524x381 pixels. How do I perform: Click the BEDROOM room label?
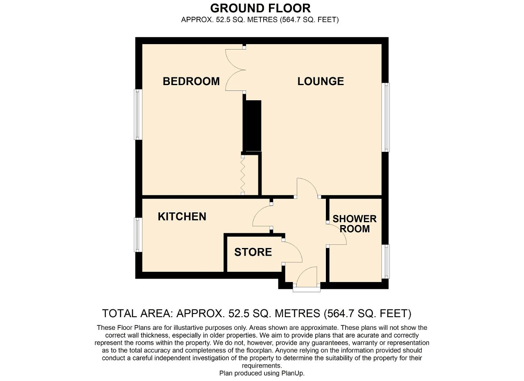[191, 81]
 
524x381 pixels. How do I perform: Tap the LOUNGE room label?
[321, 81]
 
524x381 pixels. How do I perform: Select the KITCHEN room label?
[182, 216]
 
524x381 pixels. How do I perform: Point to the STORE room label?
[253, 252]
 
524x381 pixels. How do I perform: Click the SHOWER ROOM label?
[355, 224]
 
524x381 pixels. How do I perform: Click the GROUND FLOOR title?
[260, 8]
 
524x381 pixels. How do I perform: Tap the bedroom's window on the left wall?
[138, 115]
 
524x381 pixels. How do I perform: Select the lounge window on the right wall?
[386, 117]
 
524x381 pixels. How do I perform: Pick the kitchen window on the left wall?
[138, 234]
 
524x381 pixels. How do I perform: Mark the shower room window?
[386, 262]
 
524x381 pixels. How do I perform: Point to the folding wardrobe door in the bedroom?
[243, 175]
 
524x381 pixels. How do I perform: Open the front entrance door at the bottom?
[307, 278]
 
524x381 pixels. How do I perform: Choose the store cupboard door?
[292, 252]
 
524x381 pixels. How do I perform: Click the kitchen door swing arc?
[261, 216]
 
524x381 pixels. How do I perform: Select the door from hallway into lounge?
[307, 188]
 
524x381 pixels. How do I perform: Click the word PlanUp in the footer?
[292, 373]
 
